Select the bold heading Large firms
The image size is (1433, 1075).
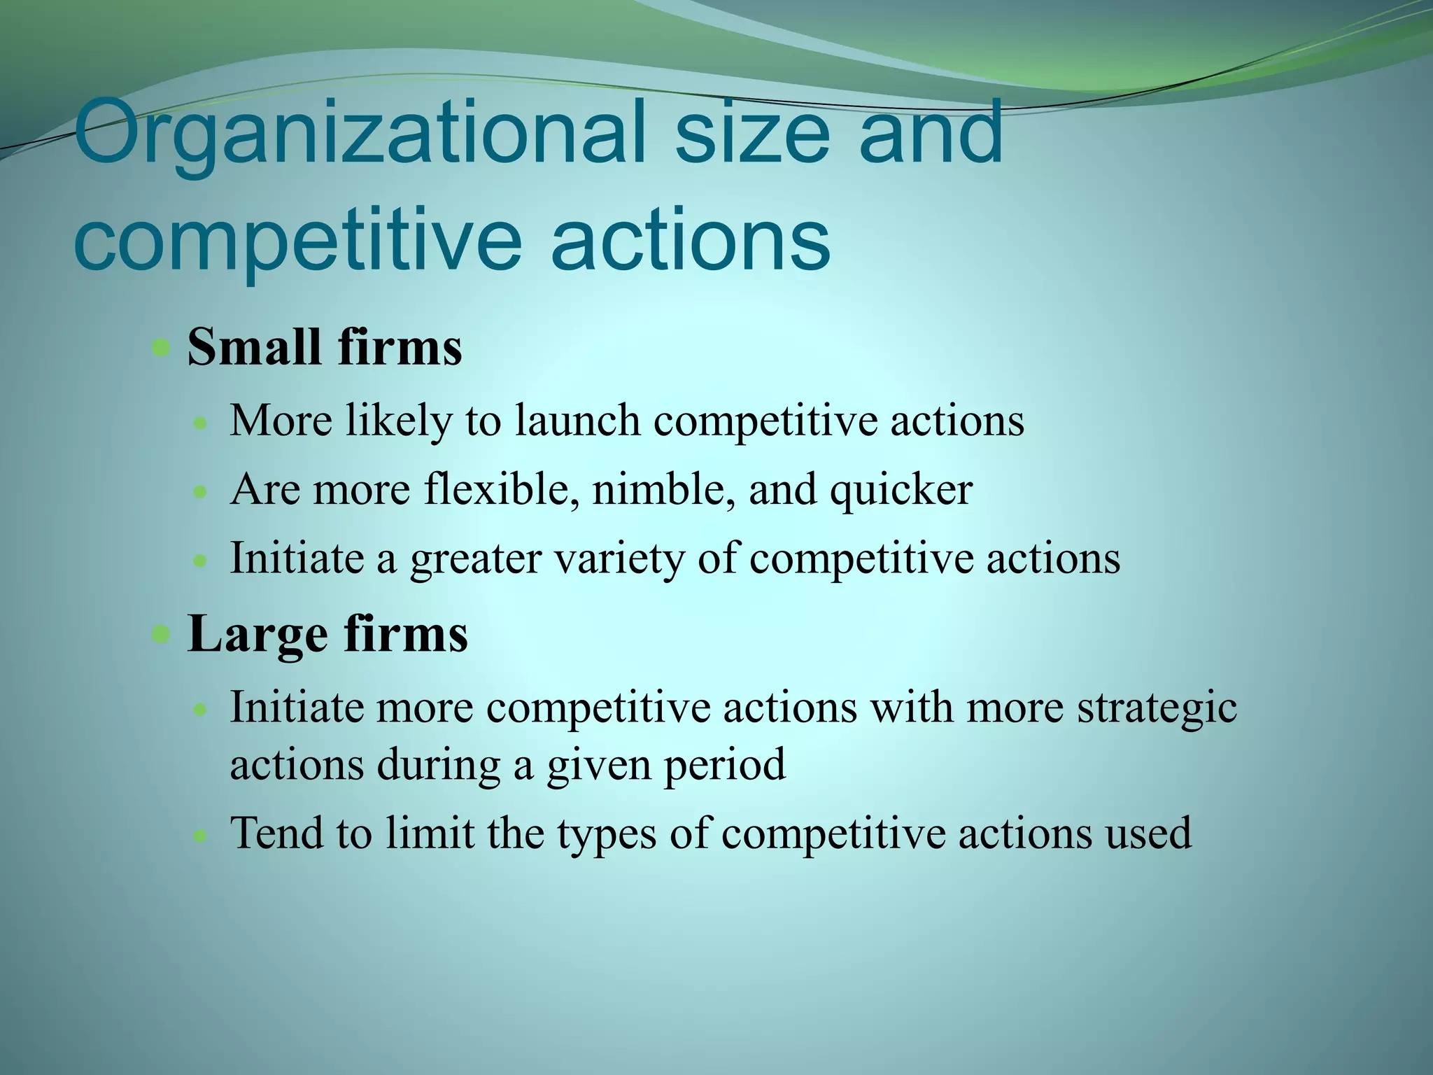pyautogui.click(x=327, y=634)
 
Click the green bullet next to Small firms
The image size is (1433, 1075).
pyautogui.click(x=162, y=348)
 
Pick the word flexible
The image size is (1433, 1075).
pyautogui.click(x=502, y=489)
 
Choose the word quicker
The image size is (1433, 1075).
pyautogui.click(x=901, y=491)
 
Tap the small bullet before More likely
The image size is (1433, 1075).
pyautogui.click(x=201, y=423)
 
